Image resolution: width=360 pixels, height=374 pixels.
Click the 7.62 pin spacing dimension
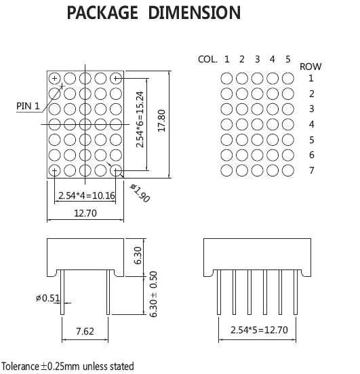tap(85, 332)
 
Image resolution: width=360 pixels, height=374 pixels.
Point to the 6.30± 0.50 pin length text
tap(154, 294)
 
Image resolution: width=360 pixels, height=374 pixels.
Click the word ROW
tap(311, 67)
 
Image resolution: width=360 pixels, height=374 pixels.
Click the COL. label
tap(207, 60)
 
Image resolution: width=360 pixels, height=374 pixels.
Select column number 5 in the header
tap(287, 60)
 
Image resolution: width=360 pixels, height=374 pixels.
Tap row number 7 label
tap(311, 170)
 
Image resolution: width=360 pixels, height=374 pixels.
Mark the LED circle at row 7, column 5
tap(287, 170)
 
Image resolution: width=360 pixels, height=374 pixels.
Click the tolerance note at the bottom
tap(67, 366)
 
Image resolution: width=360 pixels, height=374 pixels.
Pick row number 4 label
tap(311, 125)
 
